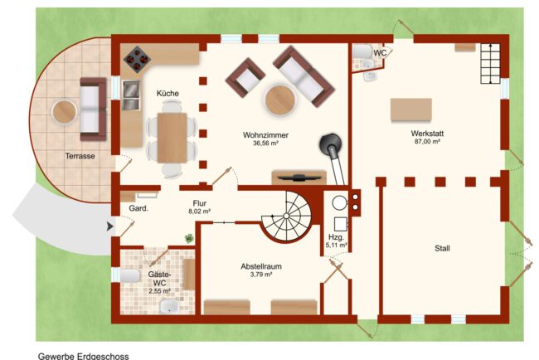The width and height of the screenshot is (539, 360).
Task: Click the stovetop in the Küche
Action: point(137,59)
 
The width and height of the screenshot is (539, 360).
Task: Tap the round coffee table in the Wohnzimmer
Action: point(280,100)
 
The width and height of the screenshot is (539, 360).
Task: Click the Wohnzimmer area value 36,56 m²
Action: point(265,143)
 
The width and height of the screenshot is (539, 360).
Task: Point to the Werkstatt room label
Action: point(427,133)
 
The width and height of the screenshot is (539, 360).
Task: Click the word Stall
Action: point(442,248)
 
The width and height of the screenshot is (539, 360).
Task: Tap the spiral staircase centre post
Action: point(286,216)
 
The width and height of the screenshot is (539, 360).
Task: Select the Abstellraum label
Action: point(261,266)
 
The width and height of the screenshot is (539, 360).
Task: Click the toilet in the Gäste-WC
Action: point(129,275)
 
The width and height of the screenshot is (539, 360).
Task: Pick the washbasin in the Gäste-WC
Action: point(169,306)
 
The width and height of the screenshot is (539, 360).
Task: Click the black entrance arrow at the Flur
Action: point(110,226)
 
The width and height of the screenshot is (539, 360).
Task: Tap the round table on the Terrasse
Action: point(64,112)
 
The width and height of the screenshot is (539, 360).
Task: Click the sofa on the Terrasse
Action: point(93,109)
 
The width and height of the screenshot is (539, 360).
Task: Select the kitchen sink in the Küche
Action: point(131,95)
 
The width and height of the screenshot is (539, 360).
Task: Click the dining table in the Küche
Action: point(172,138)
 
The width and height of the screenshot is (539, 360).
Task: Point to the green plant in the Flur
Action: point(189,238)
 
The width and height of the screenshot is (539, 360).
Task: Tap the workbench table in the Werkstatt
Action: point(411,109)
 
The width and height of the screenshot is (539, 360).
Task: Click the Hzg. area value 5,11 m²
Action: point(336,246)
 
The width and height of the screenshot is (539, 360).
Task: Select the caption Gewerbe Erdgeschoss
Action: point(84,356)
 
